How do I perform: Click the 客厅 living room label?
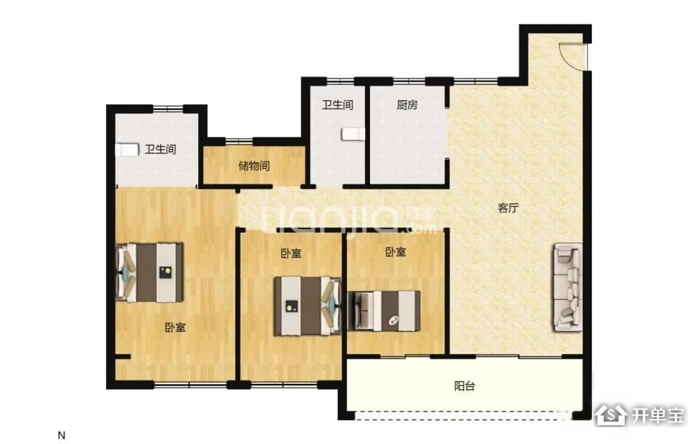pos(508,208)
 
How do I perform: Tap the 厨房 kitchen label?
pos(407,105)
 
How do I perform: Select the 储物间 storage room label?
pos(254,166)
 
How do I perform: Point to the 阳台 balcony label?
pos(464,385)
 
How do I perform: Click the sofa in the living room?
pos(567,287)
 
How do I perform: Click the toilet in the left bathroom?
pos(127,150)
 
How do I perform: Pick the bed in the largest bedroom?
pos(149,273)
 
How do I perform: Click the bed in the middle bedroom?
pos(307,306)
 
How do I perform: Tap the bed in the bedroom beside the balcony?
pos(384,311)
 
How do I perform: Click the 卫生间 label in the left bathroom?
pos(161,149)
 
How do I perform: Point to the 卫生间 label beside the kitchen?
pos(337,105)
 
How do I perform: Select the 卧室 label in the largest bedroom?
pos(175,328)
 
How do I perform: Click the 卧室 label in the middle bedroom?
pos(291,253)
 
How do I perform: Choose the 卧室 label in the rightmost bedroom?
pos(396,252)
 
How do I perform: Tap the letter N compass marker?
pos(62,435)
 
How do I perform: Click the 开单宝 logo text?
pos(658,415)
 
